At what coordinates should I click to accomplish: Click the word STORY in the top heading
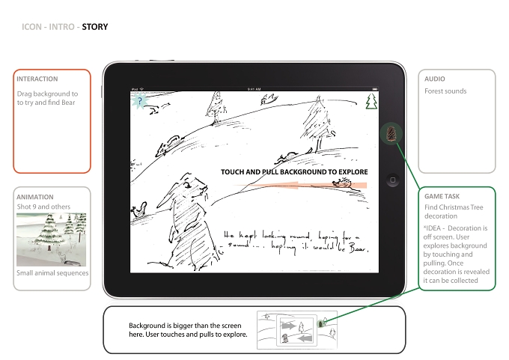coord(95,27)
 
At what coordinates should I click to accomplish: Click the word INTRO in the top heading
coord(61,27)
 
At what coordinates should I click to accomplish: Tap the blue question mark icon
coord(139,101)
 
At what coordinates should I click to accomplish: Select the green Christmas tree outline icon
coord(371,101)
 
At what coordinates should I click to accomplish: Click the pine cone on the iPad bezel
coord(391,134)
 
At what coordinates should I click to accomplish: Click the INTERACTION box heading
coord(37,79)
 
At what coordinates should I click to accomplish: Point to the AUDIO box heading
coord(435,79)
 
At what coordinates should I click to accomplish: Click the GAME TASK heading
coord(442,196)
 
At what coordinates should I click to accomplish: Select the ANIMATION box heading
coord(35,197)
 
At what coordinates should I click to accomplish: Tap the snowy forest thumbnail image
coord(52,240)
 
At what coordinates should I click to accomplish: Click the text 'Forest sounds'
coord(445,91)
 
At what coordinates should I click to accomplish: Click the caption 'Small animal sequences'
coord(52,273)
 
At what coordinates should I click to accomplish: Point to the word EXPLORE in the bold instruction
coord(353,171)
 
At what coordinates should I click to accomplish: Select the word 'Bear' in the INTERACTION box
coord(68,103)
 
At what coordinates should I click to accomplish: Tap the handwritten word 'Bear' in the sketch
coord(359,248)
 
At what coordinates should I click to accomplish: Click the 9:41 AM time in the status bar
coord(254,89)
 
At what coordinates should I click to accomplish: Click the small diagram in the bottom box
coord(297,330)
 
